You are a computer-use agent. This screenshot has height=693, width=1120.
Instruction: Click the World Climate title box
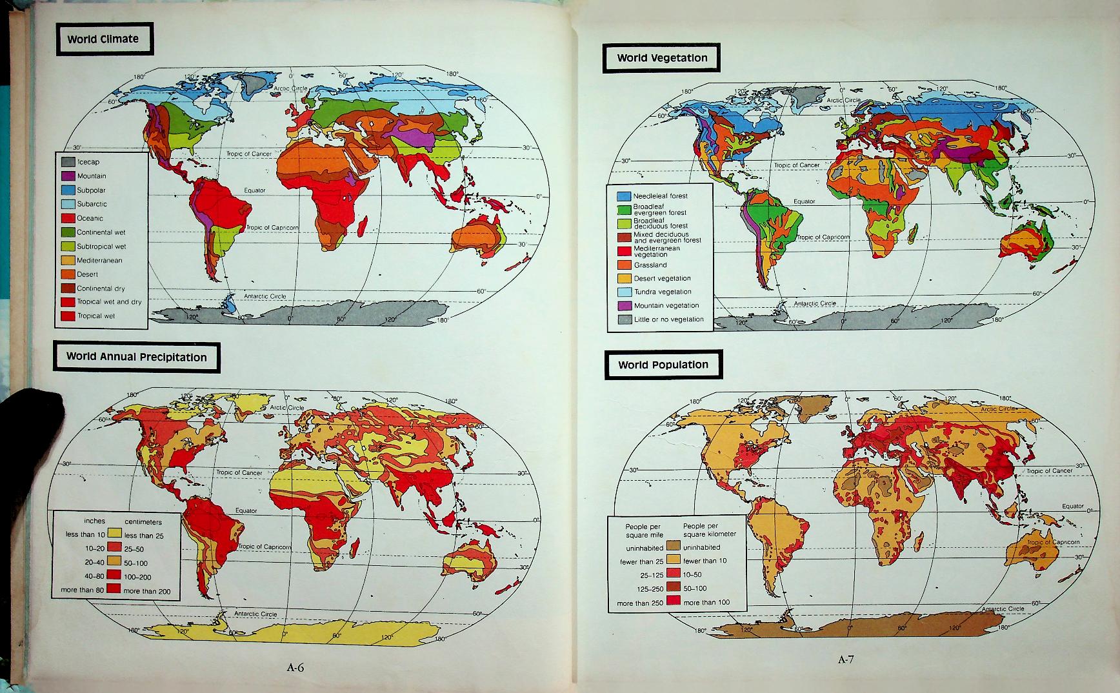click(x=103, y=39)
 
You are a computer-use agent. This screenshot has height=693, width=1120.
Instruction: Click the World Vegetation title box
click(x=661, y=58)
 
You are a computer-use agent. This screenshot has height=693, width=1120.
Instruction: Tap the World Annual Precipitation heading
click(x=136, y=357)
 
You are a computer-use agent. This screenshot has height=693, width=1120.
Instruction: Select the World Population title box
click(x=663, y=365)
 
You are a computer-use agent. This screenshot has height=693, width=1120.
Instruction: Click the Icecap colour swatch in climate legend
click(x=68, y=162)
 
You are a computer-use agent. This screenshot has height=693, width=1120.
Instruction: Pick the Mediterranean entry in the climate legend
click(x=99, y=261)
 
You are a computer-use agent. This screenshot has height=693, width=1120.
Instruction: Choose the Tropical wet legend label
click(x=96, y=316)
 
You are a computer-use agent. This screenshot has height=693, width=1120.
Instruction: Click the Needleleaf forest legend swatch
click(x=623, y=196)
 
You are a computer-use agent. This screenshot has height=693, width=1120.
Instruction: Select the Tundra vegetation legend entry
click(x=662, y=292)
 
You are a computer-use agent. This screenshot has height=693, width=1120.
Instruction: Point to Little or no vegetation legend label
click(x=668, y=319)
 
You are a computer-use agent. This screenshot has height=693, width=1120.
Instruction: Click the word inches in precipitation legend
click(x=94, y=521)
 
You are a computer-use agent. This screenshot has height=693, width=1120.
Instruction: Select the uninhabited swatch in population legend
click(x=674, y=547)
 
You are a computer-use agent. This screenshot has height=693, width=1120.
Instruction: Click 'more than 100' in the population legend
click(x=706, y=603)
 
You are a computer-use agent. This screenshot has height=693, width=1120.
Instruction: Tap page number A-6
click(x=295, y=668)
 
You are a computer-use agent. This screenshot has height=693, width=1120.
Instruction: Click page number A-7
click(x=846, y=659)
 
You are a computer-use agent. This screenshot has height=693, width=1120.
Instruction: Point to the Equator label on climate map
click(x=254, y=190)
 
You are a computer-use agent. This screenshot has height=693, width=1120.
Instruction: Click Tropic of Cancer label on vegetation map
click(x=797, y=165)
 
